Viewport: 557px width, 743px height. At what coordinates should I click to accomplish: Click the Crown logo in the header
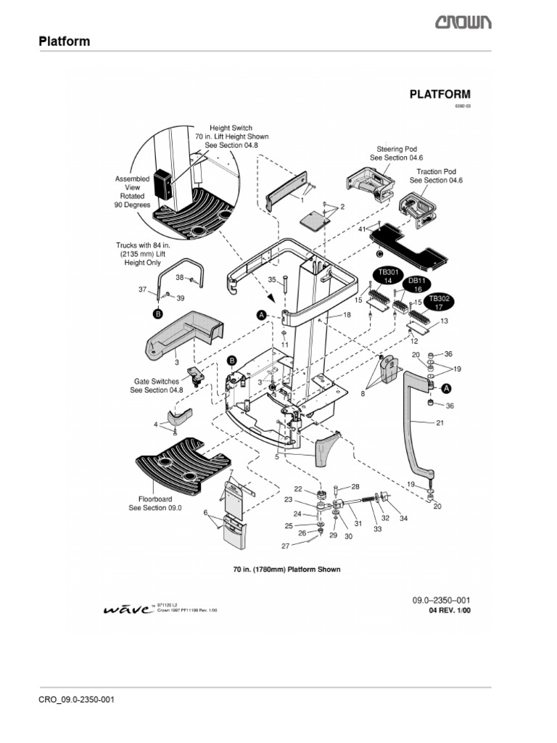pos(463,23)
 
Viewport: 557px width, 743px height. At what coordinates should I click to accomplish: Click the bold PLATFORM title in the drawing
pos(440,94)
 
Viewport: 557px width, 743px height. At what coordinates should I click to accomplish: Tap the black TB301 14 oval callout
pos(387,275)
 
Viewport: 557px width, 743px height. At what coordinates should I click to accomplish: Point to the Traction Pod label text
pos(433,176)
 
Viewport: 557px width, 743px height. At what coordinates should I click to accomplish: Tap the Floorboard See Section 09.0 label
pos(155,504)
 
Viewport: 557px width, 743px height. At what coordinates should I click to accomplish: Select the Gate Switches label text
pos(156,385)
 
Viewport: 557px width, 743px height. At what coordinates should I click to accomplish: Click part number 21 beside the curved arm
pos(440,423)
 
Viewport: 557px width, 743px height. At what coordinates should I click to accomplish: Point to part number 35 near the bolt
pos(272,279)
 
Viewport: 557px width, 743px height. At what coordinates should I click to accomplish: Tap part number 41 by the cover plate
pos(362,229)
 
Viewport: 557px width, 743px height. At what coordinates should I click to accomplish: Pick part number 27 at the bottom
pos(285,546)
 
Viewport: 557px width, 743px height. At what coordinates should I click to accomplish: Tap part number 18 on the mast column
pos(347,315)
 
